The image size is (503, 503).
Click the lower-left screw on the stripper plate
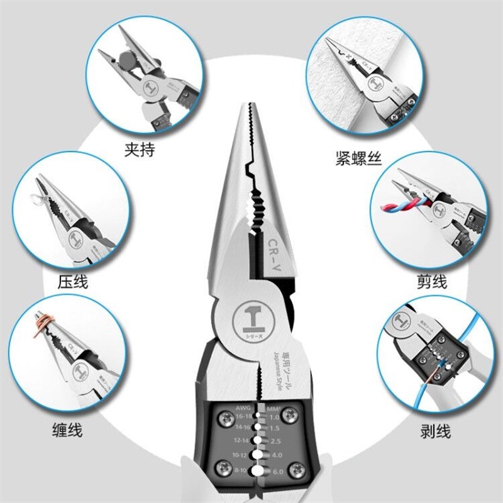223,467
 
